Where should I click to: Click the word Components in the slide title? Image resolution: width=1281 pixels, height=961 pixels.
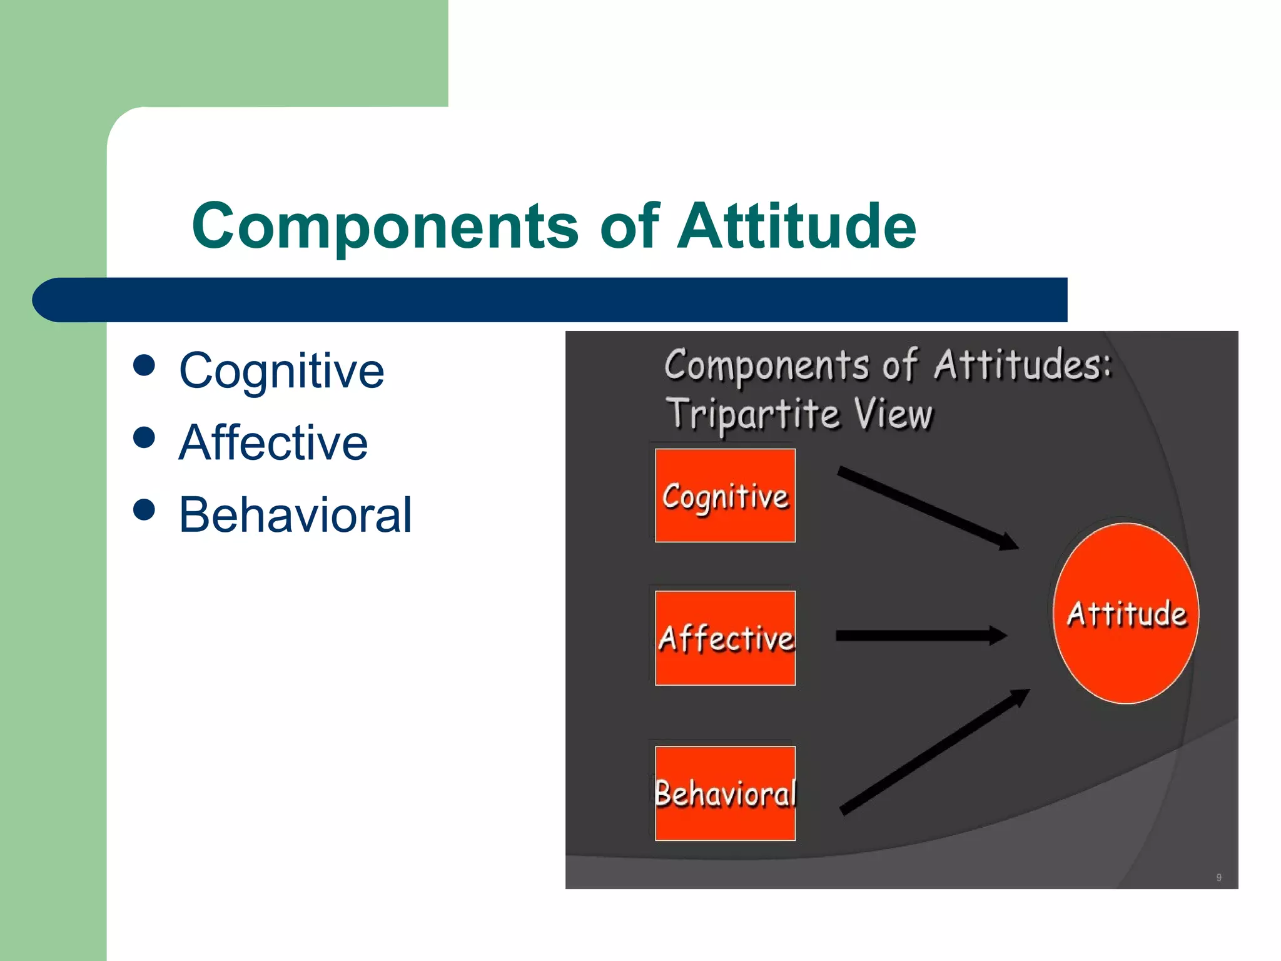[385, 226]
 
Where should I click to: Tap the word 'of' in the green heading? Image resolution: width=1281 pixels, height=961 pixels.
[629, 226]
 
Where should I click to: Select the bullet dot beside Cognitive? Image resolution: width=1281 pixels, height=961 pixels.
[144, 365]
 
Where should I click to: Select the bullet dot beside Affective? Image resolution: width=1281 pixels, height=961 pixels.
[144, 437]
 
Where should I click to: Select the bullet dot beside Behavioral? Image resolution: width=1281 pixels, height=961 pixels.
[144, 509]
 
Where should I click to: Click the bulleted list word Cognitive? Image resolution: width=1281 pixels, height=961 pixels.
[281, 371]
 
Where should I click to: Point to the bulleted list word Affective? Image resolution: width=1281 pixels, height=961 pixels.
[273, 443]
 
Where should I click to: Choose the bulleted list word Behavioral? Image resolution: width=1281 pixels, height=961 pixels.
[295, 515]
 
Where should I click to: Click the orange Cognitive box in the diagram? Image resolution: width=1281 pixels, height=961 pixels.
[725, 496]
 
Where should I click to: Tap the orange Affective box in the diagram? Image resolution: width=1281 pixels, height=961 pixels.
[725, 638]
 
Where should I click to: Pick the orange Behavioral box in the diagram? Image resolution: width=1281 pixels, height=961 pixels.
[725, 793]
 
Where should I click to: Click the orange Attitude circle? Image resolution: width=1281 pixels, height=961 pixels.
[1126, 613]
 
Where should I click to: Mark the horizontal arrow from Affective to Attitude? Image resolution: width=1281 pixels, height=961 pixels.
[919, 636]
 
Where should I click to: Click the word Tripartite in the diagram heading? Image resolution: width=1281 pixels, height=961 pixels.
[752, 414]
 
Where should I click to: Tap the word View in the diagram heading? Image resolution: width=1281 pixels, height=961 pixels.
[893, 414]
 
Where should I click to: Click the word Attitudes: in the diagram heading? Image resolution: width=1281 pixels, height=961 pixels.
[1023, 365]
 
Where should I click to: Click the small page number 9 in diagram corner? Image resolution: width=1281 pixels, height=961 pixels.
[1218, 877]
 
